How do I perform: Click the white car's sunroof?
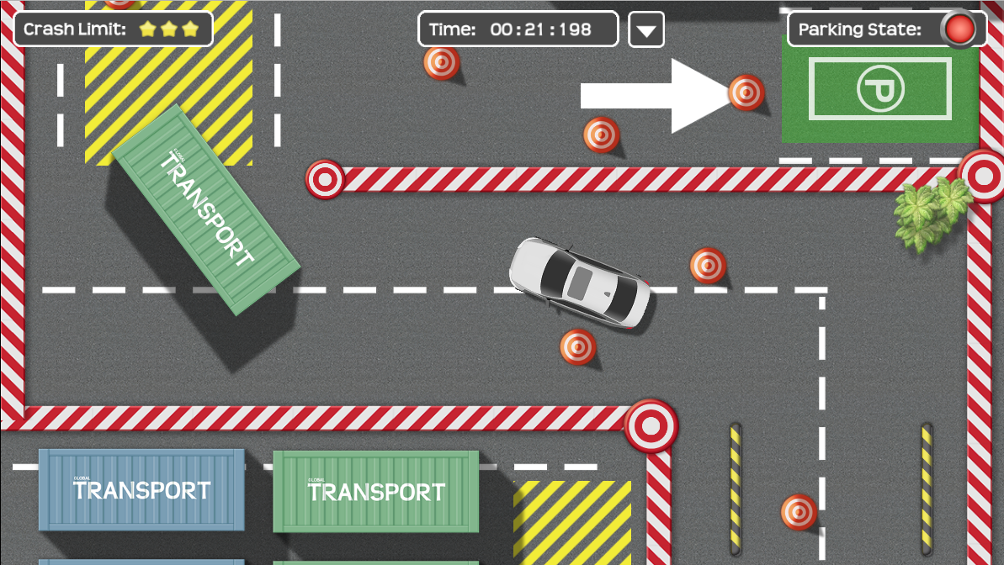pos(580,282)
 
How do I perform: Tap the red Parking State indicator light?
pos(959,29)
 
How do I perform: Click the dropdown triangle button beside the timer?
pos(646,30)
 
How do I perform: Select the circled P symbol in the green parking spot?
pos(880,88)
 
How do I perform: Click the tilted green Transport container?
pos(206,209)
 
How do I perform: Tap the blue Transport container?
pos(141,490)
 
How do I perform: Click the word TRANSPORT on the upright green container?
pos(376,492)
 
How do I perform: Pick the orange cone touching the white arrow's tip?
pos(746,92)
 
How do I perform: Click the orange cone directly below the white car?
pos(577,346)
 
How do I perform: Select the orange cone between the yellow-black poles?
pos(799,512)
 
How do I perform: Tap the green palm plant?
pos(931,212)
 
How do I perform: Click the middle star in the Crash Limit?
pos(168,29)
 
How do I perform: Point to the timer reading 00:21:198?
pos(541,29)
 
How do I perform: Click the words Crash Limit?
pos(75,29)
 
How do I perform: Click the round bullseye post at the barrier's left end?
pos(325,179)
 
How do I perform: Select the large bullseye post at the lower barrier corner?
pos(651,425)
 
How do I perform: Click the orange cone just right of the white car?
pos(708,265)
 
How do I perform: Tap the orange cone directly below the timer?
pos(441,63)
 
